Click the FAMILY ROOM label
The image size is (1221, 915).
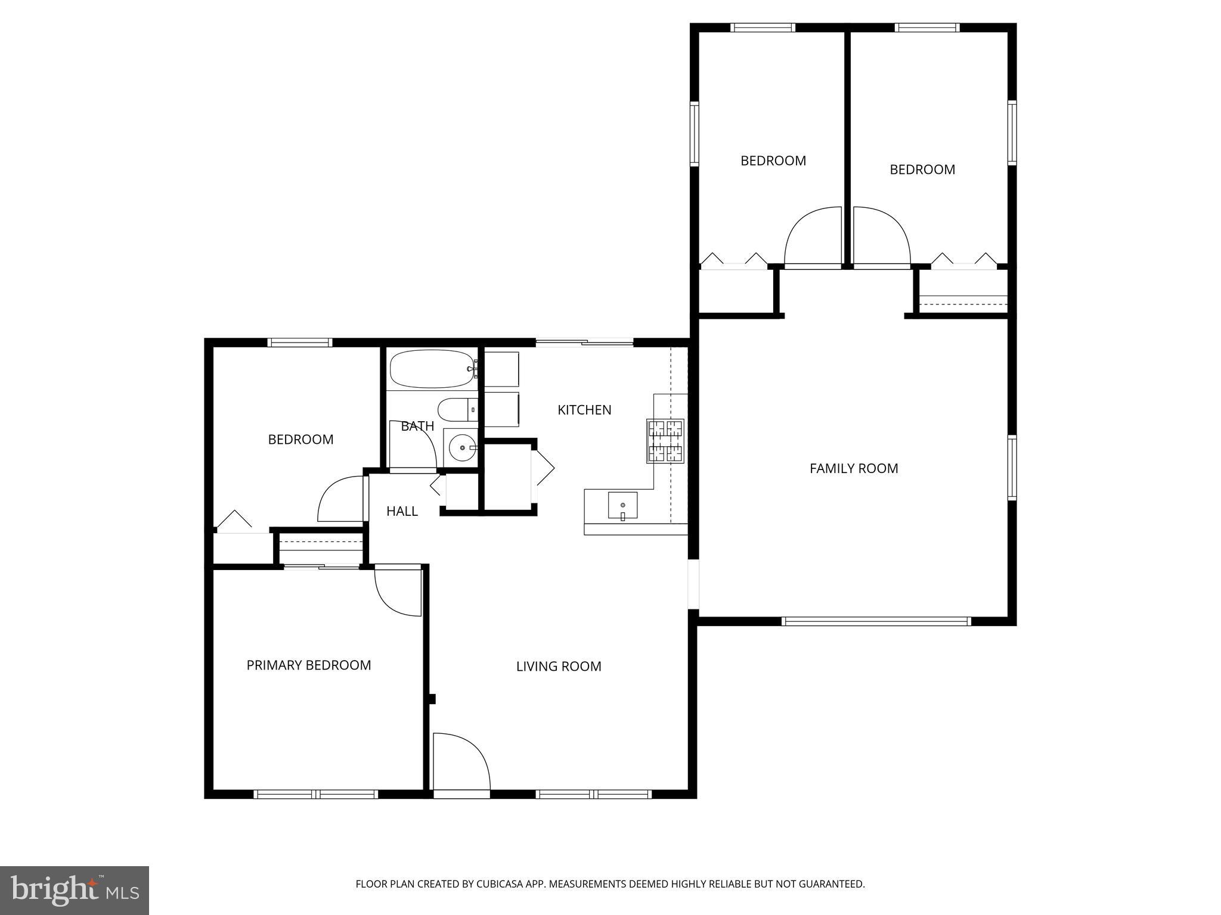point(854,468)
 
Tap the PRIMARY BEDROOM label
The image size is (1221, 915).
point(308,665)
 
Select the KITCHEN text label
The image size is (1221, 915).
point(584,410)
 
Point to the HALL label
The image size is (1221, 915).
point(402,511)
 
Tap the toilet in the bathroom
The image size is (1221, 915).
point(457,410)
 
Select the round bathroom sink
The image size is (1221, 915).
point(461,447)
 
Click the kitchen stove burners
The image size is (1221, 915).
point(665,441)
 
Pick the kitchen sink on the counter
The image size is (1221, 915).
point(622,505)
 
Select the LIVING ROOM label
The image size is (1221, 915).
point(559,666)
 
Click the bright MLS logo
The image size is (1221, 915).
point(75,890)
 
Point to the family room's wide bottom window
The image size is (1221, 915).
point(876,621)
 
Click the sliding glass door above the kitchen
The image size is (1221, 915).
point(584,343)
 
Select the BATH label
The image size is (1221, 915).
point(417,426)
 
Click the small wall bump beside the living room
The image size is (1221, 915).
point(432,699)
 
